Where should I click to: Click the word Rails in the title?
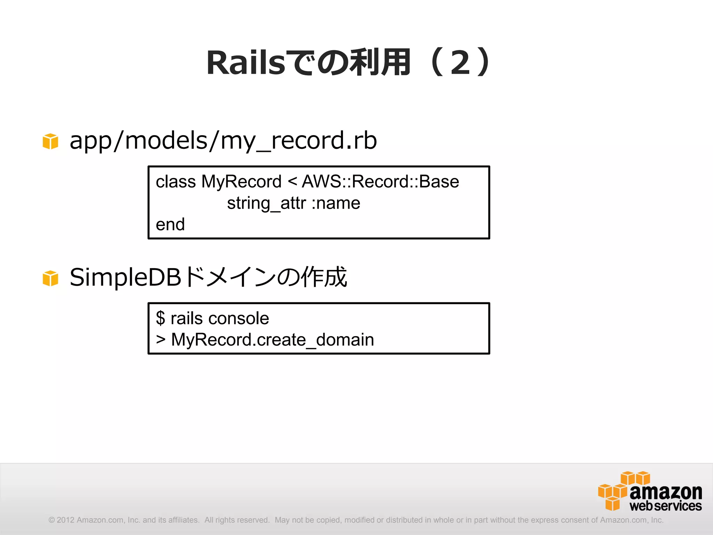coord(246,63)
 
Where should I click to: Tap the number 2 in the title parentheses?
coord(460,63)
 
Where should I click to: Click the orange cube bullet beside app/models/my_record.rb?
coord(50,141)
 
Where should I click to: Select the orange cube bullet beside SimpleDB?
coord(50,278)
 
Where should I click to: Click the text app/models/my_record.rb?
coord(223,141)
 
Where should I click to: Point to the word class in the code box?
coord(175,182)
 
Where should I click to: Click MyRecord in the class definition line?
coord(241,182)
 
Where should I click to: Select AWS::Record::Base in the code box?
coord(380,182)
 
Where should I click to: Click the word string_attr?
coord(266,203)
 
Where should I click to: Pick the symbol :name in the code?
coord(336,203)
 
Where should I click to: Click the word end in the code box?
coord(170,225)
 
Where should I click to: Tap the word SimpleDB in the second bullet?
coord(125,278)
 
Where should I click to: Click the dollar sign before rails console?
coord(160,318)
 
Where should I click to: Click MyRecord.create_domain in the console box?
coord(272,340)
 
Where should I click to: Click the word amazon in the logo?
coord(665,492)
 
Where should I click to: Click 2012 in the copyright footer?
coord(65,520)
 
